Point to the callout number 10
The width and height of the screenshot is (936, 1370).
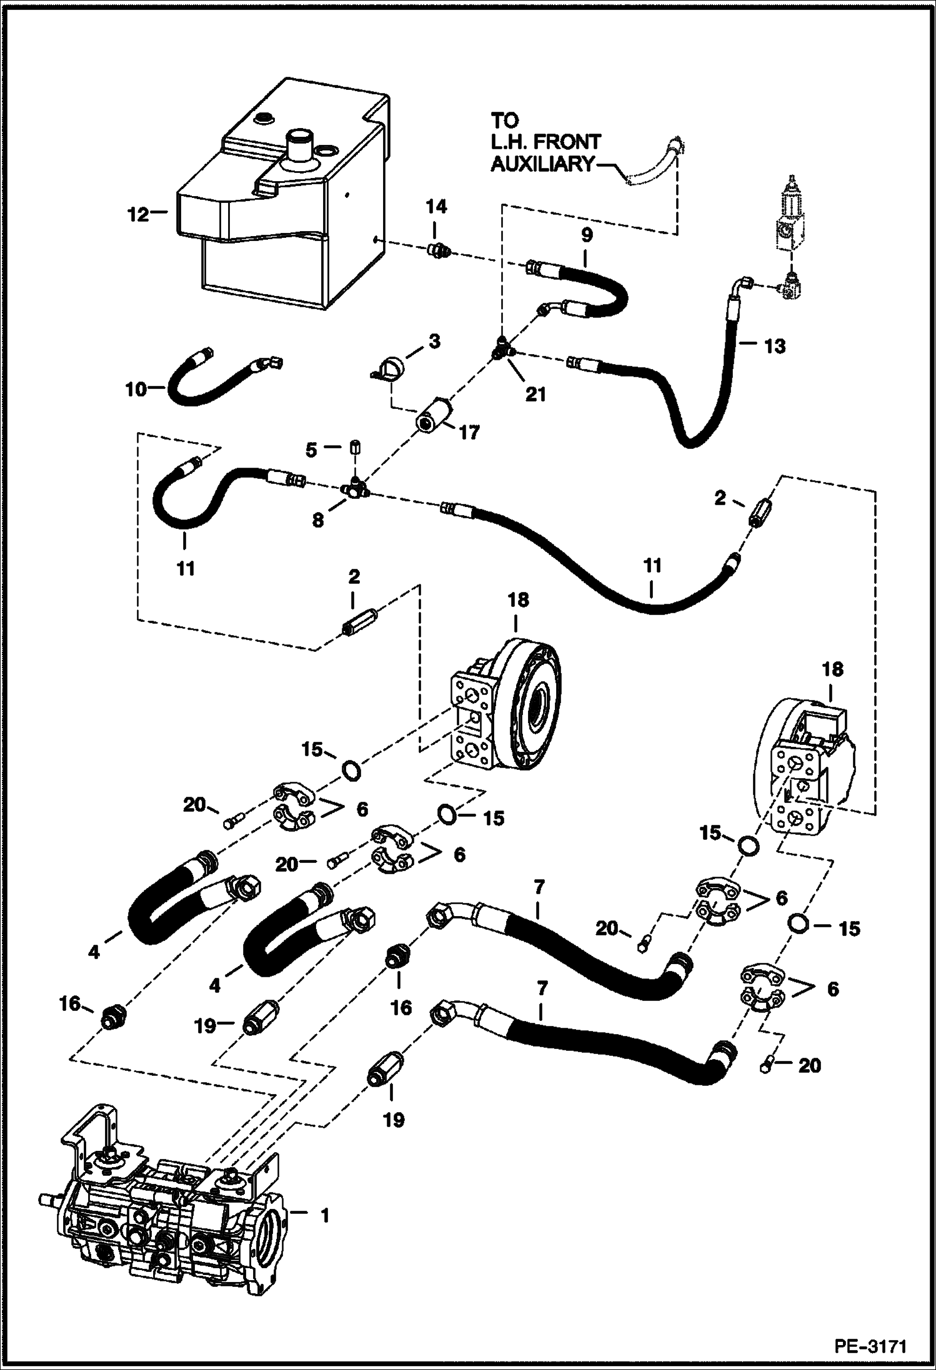tap(135, 390)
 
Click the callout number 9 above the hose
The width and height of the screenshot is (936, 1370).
tap(586, 235)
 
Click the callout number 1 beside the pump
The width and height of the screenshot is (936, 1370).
tap(324, 1216)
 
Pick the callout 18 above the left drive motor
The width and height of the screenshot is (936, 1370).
tap(518, 599)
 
